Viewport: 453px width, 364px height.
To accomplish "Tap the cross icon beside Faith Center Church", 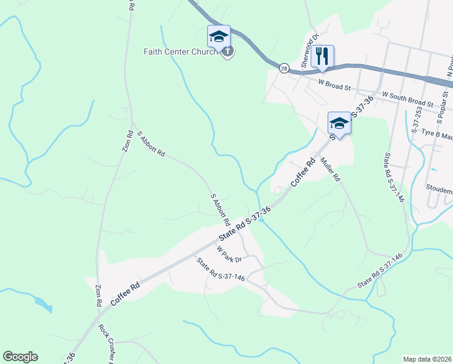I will (227, 52).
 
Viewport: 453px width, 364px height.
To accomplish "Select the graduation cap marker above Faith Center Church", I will (219, 36).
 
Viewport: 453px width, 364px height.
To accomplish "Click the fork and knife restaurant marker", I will (322, 56).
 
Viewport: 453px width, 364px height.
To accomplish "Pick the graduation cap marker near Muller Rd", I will (339, 123).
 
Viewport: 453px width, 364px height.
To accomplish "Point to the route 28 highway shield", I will (284, 69).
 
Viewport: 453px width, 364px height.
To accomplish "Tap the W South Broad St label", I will (409, 99).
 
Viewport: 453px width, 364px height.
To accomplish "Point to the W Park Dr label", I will (229, 254).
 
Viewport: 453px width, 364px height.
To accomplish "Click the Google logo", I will (20, 357).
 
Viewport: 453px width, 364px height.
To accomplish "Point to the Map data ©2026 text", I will (428, 359).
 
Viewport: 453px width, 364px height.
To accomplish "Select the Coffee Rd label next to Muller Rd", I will (303, 174).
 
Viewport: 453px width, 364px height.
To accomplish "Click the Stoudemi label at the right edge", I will (439, 189).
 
